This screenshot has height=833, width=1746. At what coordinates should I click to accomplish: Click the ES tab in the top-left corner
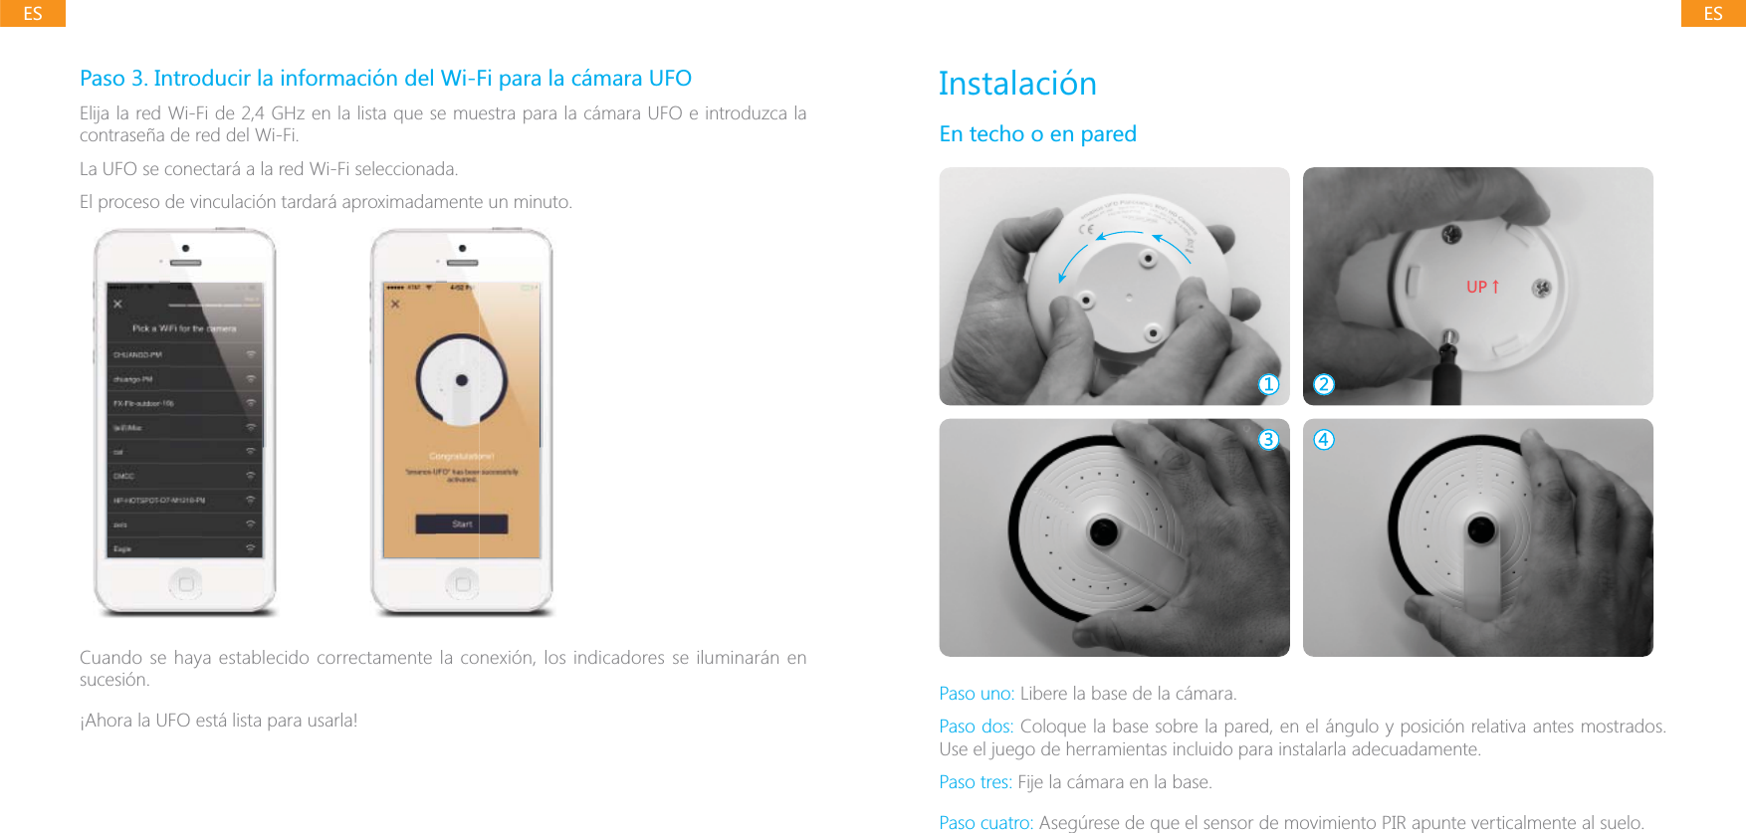32,13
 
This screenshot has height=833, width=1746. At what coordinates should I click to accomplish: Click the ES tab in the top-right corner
1713,13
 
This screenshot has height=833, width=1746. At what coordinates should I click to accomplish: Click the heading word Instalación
1017,84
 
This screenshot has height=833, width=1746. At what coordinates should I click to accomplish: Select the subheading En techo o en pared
1037,134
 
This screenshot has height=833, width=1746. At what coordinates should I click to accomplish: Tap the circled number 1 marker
1268,384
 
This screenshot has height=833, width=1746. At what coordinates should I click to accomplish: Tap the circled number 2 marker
1324,384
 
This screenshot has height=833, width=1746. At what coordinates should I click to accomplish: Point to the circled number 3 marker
1268,439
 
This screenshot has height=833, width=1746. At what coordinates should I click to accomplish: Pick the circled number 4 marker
1324,439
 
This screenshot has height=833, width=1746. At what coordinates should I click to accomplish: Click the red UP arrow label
1482,287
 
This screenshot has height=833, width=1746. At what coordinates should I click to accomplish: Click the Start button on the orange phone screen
462,523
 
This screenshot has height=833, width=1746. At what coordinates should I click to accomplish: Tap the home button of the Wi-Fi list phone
186,583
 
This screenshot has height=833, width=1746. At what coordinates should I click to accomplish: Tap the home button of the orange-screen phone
462,583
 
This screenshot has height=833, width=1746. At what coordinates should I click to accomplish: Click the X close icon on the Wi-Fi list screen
117,304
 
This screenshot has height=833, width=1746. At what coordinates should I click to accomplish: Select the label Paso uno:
977,694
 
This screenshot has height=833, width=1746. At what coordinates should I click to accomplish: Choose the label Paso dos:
977,727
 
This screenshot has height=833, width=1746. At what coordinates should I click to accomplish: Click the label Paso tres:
976,782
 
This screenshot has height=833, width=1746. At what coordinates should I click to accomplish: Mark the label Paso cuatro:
985,823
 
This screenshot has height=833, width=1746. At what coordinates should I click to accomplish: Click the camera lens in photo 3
1104,531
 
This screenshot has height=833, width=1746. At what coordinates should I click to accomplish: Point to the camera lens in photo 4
1481,529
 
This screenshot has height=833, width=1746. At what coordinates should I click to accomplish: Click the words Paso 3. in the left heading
113,79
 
